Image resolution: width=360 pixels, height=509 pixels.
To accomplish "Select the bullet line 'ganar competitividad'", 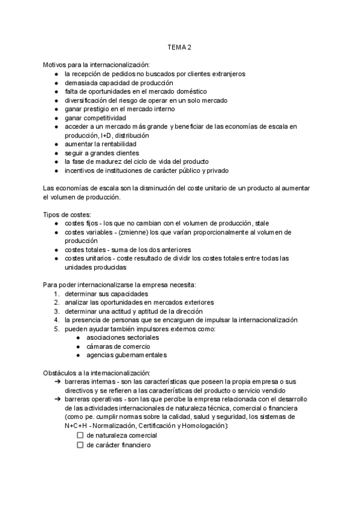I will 95,118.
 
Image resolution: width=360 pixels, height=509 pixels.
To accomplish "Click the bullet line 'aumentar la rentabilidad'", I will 101,145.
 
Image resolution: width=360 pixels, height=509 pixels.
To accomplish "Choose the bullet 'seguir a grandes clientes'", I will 101,154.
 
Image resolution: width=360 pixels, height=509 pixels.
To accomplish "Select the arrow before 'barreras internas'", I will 56,382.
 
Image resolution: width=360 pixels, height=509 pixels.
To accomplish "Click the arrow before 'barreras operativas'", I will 56,399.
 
